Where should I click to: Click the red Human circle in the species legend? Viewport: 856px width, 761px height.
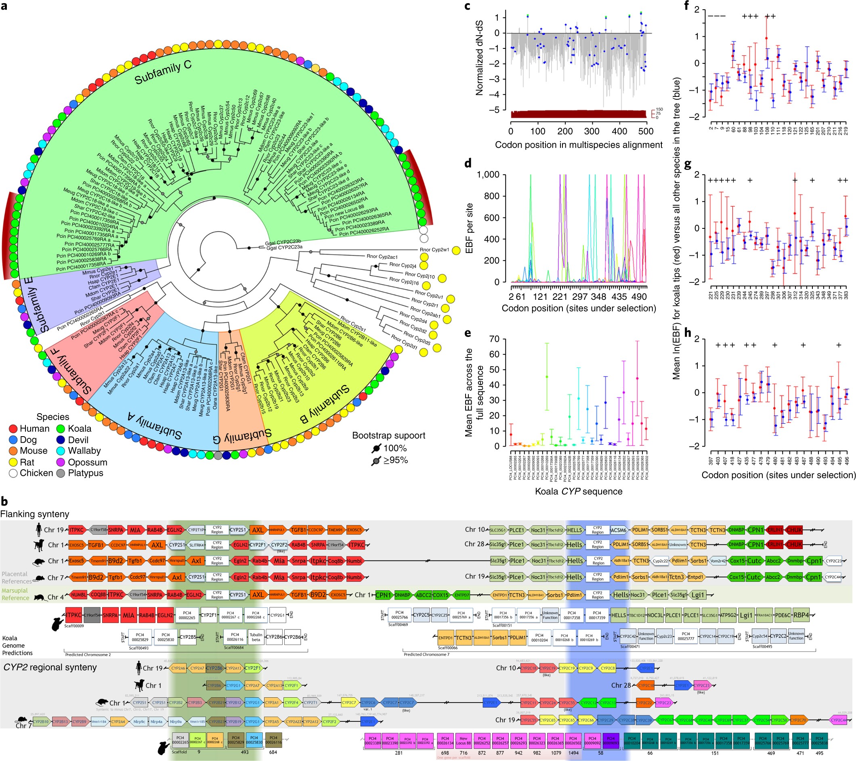(x=13, y=429)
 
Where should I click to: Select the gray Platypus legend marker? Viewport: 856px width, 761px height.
(x=61, y=473)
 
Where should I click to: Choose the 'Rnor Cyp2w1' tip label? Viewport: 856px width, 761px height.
(x=434, y=250)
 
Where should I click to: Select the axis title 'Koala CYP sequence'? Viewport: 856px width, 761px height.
(x=578, y=491)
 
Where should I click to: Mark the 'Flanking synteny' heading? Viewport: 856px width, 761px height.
(x=35, y=514)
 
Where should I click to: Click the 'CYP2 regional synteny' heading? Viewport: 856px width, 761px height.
(x=50, y=667)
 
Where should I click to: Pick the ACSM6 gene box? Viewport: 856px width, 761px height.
(x=618, y=530)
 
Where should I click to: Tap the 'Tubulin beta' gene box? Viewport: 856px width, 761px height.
(x=256, y=637)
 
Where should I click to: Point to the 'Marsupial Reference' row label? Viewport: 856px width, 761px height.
(x=15, y=594)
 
